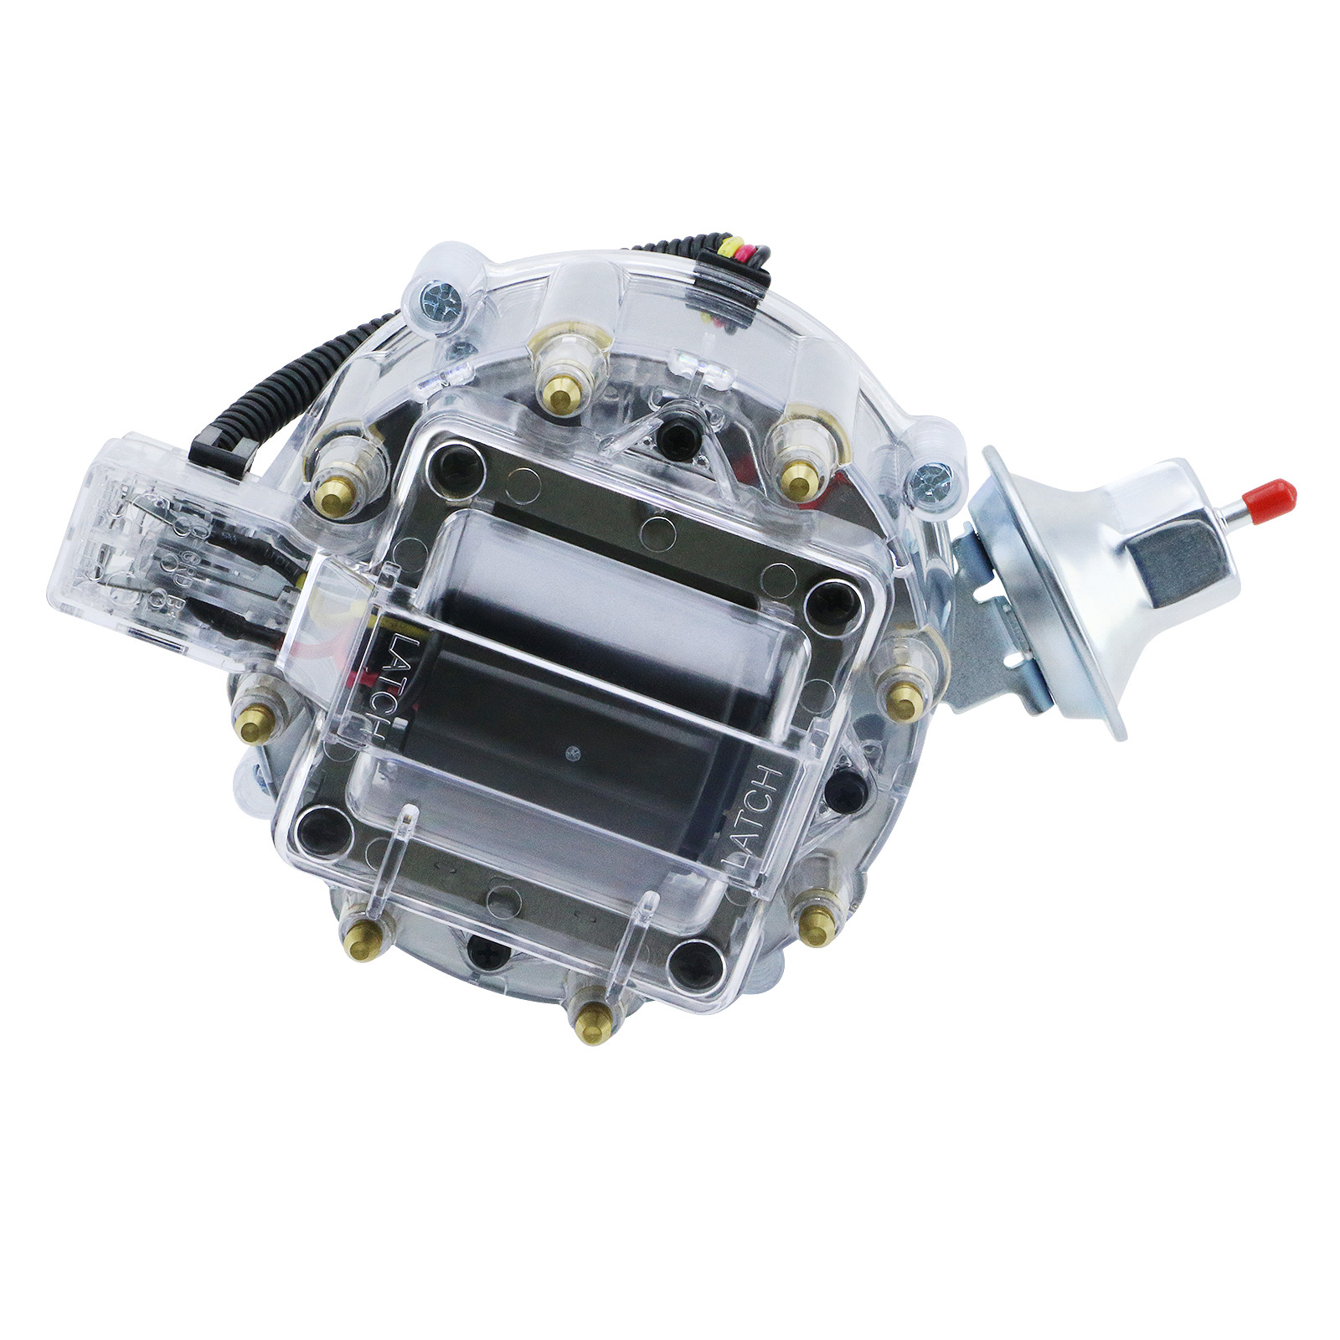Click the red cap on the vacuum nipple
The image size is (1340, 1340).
coord(1279,496)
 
